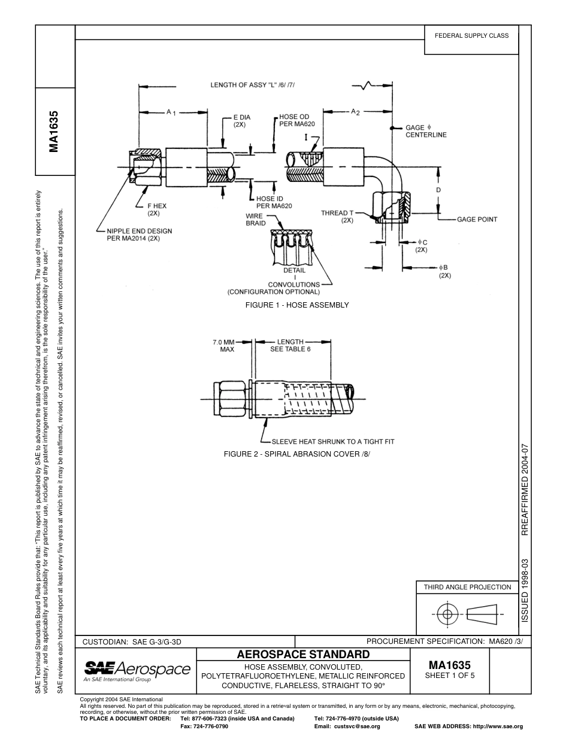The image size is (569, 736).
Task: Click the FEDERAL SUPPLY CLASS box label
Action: click(471, 35)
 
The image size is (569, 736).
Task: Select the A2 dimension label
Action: click(355, 112)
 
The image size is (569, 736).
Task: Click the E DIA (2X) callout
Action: click(241, 121)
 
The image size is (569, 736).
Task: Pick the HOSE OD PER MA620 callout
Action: click(296, 120)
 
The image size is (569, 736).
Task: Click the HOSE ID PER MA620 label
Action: click(274, 202)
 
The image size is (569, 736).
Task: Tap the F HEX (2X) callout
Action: click(157, 209)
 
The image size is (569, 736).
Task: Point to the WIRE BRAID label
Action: click(255, 220)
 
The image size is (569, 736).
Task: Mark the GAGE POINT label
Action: click(477, 219)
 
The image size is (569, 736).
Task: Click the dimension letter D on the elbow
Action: click(438, 190)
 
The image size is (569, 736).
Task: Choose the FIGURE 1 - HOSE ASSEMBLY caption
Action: click(297, 305)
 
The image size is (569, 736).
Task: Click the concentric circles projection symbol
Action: click(446, 614)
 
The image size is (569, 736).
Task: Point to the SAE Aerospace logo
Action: click(137, 670)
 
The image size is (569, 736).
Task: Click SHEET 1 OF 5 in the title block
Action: click(449, 676)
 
